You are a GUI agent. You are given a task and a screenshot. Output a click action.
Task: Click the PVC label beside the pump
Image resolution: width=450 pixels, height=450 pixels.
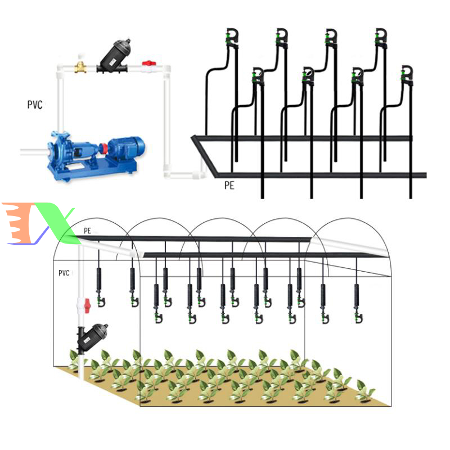coord(34,105)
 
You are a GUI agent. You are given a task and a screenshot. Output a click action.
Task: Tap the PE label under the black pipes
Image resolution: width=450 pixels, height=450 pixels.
coord(228,185)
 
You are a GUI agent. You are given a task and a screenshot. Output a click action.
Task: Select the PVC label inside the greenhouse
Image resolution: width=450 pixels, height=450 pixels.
coord(64,273)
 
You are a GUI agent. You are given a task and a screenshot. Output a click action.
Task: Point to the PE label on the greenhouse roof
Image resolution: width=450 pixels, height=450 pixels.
coord(87,231)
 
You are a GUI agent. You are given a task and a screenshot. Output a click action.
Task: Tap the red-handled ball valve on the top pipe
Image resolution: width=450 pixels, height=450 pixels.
coord(148,66)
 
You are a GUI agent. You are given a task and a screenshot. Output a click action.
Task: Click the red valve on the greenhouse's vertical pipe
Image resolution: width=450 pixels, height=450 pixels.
coord(87,305)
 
